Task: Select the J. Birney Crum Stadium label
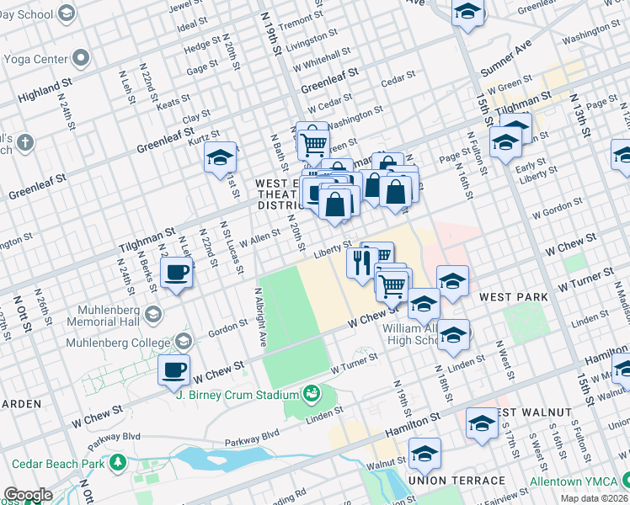(240, 394)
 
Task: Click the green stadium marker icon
(312, 393)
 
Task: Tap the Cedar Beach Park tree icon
(119, 463)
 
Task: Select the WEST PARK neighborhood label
(513, 297)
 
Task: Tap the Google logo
(27, 495)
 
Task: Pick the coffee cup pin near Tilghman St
(177, 274)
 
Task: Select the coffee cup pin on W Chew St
(174, 371)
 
